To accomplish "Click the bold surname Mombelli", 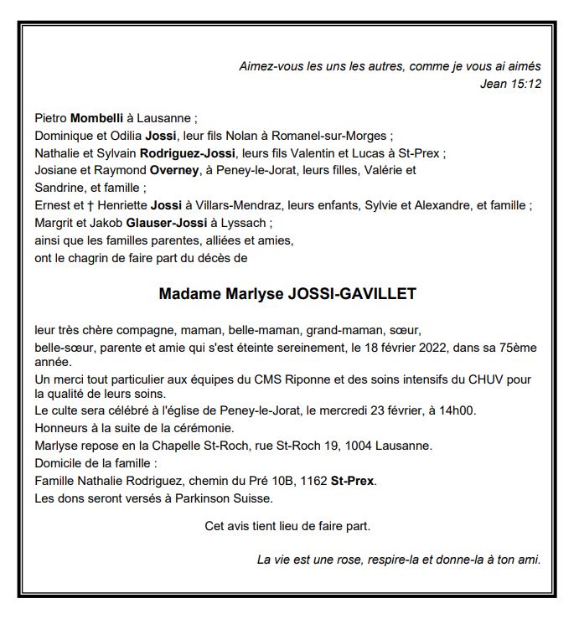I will coord(96,118).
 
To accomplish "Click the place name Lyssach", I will coord(250,223).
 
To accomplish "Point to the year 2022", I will coord(439,347).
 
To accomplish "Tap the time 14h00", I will coord(483,410).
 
